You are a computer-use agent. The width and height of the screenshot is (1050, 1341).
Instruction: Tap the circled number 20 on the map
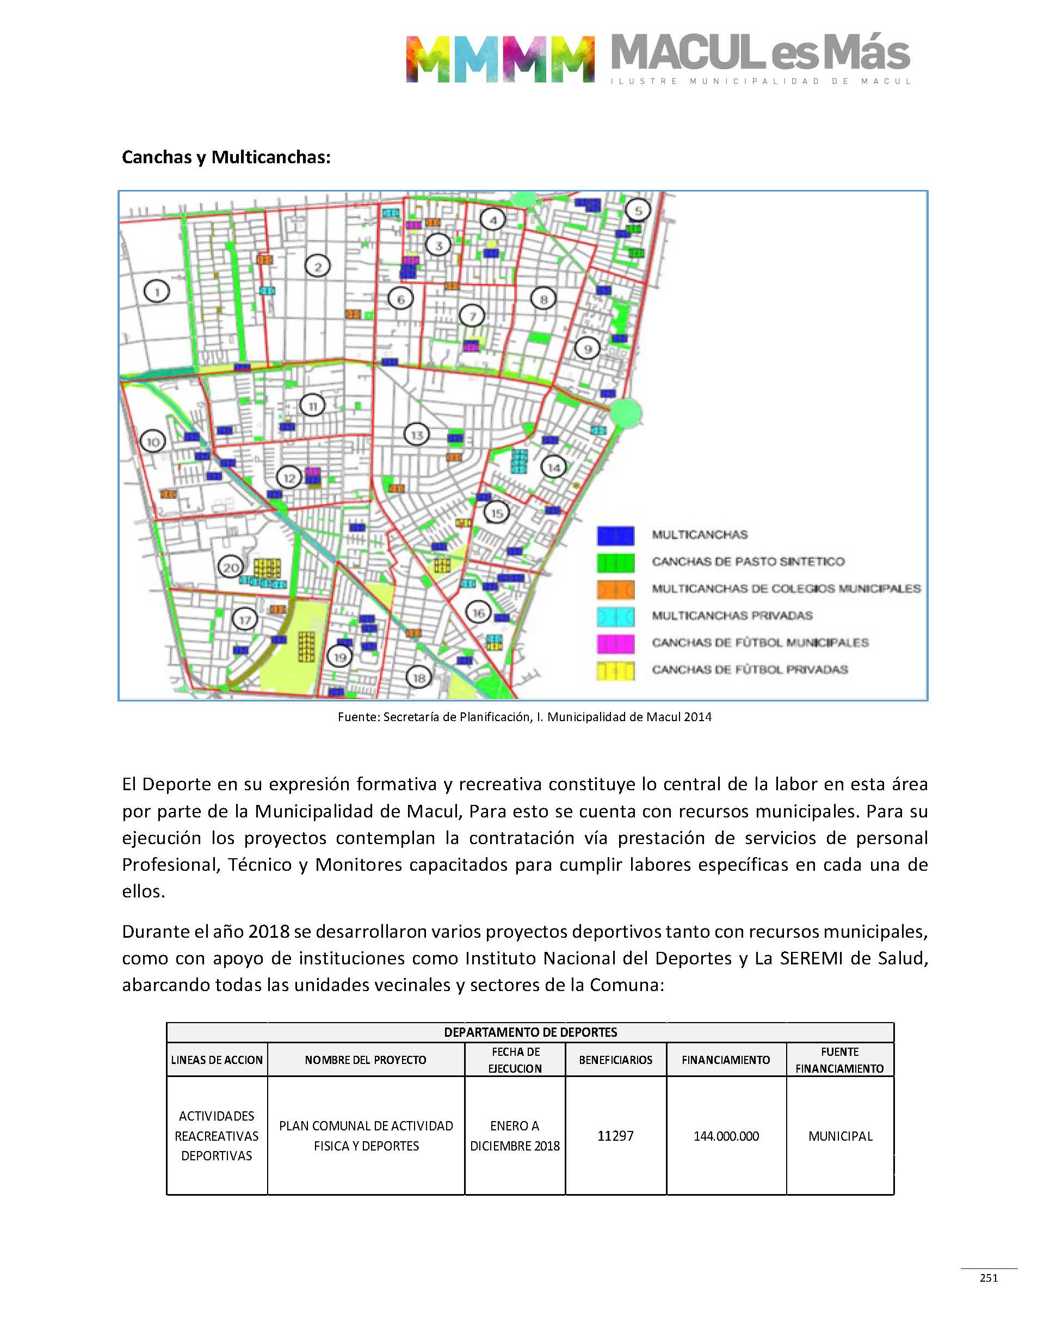(x=231, y=567)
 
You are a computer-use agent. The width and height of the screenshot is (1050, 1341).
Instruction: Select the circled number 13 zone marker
(x=417, y=435)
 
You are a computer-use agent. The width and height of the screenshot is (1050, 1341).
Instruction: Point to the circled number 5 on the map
(x=638, y=211)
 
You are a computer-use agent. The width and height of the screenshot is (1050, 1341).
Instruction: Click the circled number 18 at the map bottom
(x=419, y=678)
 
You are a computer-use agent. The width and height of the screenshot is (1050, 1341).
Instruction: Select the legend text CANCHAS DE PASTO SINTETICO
(x=748, y=561)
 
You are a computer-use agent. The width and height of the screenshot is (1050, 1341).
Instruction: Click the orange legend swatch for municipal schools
(x=615, y=589)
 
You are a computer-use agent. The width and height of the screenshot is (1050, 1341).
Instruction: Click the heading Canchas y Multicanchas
(x=226, y=157)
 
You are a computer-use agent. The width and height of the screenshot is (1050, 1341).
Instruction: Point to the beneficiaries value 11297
(x=615, y=1136)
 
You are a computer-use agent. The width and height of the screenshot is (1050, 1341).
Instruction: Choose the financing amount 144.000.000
(x=726, y=1136)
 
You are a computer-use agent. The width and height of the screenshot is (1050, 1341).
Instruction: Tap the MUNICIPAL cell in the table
(x=840, y=1136)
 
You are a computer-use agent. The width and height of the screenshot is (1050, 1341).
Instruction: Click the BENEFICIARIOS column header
(x=615, y=1060)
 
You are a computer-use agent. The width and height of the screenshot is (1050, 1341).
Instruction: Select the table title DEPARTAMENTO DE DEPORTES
(x=530, y=1032)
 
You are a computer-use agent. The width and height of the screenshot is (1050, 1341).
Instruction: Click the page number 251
(x=989, y=1278)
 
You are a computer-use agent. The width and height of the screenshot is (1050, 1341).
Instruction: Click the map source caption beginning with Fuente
(x=524, y=717)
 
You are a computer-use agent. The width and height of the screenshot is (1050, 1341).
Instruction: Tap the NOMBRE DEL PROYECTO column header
(x=365, y=1060)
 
